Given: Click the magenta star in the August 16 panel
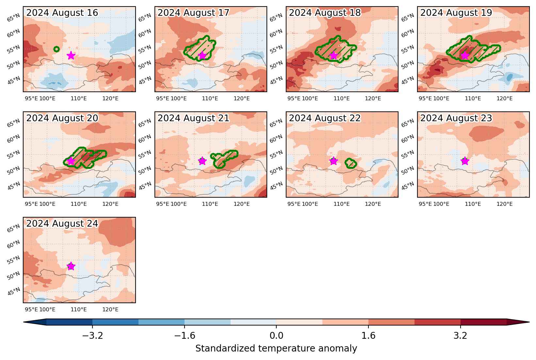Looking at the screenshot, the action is pyautogui.click(x=71, y=56).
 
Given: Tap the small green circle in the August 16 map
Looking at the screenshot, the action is pyautogui.click(x=57, y=49).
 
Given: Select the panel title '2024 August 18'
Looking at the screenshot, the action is pyautogui.click(x=325, y=13).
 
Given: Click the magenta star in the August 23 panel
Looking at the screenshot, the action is pyautogui.click(x=465, y=161).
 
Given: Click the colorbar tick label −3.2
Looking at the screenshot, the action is pyautogui.click(x=92, y=336).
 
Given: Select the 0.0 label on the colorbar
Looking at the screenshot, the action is pyautogui.click(x=276, y=336).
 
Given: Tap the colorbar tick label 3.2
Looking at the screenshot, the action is pyautogui.click(x=461, y=336).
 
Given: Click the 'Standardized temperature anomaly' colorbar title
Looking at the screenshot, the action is pyautogui.click(x=276, y=349).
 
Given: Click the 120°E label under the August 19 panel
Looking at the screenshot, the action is pyautogui.click(x=504, y=99).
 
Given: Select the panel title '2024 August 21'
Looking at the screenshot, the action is pyautogui.click(x=193, y=118).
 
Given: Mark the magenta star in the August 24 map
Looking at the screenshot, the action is pyautogui.click(x=71, y=266).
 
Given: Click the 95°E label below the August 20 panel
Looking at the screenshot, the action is pyautogui.click(x=31, y=204).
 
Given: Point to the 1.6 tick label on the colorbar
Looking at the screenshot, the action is pyautogui.click(x=368, y=336).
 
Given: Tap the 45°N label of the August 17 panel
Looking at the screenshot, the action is pyautogui.click(x=145, y=81).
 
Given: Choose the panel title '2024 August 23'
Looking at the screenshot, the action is pyautogui.click(x=456, y=118).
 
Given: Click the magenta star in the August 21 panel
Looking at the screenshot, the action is pyautogui.click(x=202, y=161).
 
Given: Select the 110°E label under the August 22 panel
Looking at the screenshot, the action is pyautogui.click(x=341, y=204).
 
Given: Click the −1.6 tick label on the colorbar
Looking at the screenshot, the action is pyautogui.click(x=185, y=336).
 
